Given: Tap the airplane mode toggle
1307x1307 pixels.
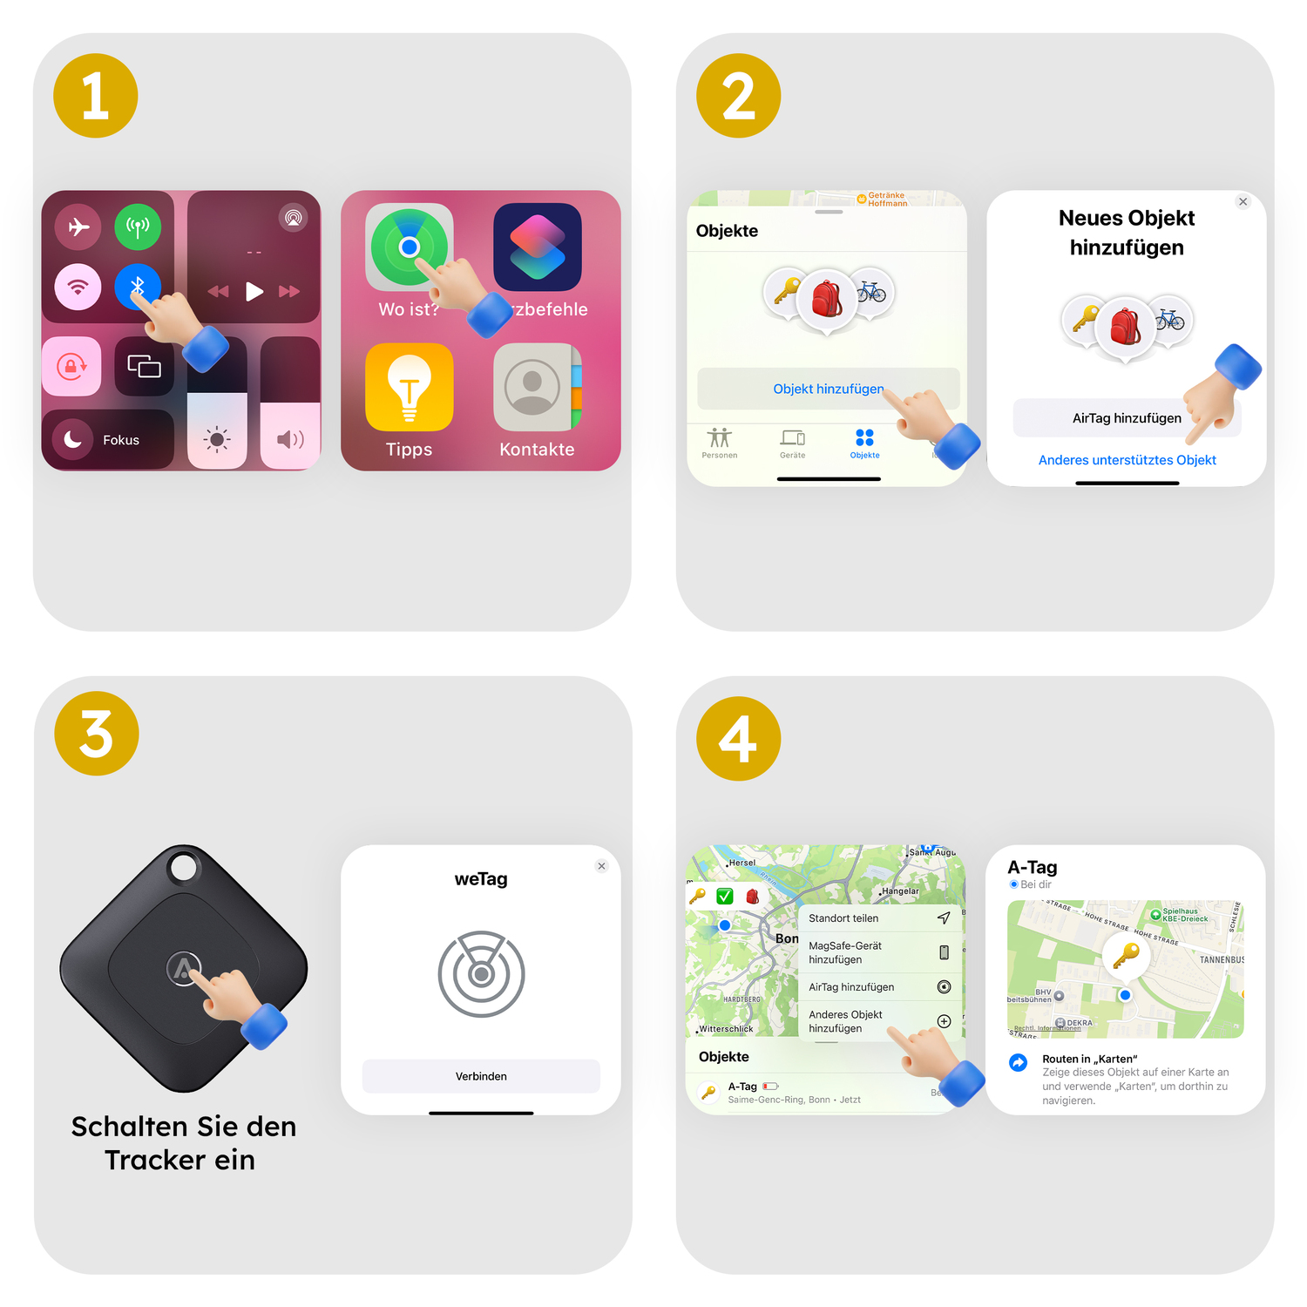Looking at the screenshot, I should click(78, 227).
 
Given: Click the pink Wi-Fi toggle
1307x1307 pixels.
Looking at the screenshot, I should click(78, 287).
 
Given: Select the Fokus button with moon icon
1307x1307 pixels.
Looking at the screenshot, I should click(107, 439).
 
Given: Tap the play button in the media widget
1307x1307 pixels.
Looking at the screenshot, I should click(254, 291).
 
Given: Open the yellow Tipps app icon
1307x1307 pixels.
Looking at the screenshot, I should click(409, 388).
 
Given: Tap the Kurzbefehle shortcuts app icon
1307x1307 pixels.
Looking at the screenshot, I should click(537, 247).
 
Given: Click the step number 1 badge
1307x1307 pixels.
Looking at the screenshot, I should click(96, 96).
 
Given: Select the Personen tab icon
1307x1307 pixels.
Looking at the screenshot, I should click(719, 438).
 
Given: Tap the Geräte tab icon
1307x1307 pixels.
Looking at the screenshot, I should click(792, 438).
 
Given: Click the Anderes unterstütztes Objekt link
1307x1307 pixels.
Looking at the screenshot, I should click(1127, 460).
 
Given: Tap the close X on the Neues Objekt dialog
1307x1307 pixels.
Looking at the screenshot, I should click(1243, 202).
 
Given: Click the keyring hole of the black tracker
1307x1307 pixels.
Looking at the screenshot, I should click(184, 868).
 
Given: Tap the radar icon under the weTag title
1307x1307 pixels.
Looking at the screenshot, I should click(481, 973).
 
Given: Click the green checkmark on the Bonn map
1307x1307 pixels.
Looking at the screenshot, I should click(725, 896).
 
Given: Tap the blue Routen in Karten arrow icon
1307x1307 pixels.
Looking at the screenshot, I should click(1018, 1062).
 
